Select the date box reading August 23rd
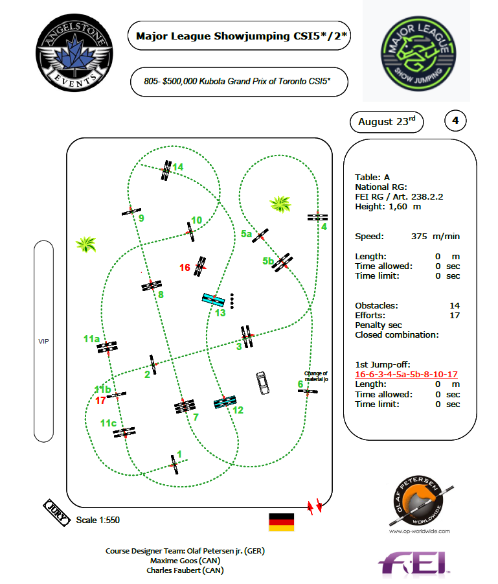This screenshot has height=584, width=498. tap(387, 121)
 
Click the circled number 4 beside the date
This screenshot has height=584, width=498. tap(455, 121)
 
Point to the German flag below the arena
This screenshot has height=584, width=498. tap(281, 522)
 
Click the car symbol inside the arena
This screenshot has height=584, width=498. tap(262, 382)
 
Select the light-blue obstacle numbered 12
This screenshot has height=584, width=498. tap(225, 402)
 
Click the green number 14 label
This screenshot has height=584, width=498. tap(178, 167)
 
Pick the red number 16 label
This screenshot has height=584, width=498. tap(185, 267)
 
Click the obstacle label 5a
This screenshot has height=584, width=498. tap(246, 233)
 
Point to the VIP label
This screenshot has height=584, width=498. tap(43, 341)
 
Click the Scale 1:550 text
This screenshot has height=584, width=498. tap(98, 520)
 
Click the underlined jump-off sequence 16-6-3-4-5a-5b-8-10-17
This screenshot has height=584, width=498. tap(407, 375)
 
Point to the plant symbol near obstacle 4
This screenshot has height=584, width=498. tap(280, 205)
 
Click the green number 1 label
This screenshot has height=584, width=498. tap(179, 454)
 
